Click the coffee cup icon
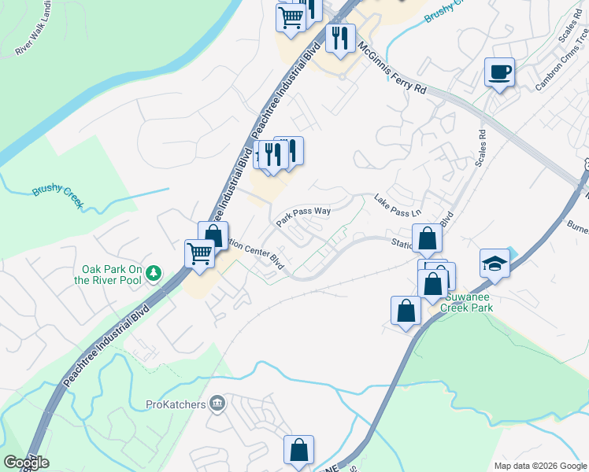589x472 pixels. (x=499, y=72)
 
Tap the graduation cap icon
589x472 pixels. (x=495, y=264)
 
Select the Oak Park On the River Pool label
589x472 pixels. (x=108, y=275)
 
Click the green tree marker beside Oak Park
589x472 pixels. (x=154, y=274)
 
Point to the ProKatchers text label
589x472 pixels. (x=176, y=404)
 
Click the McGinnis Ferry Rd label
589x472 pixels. (x=391, y=68)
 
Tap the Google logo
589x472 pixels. (x=26, y=463)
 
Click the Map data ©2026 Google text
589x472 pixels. (x=540, y=466)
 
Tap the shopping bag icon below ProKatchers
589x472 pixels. (x=298, y=451)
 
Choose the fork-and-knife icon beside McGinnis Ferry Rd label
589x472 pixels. (x=340, y=38)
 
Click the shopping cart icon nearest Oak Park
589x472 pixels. (x=199, y=254)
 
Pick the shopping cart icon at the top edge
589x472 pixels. (x=291, y=16)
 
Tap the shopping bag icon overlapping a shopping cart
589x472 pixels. (x=213, y=236)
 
